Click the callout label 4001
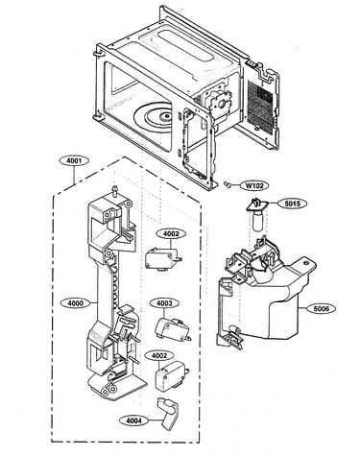pos(74,161)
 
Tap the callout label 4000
pos(75,302)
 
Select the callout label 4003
pos(164,302)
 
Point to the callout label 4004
pos(133,420)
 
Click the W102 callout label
pos(254,185)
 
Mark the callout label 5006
pos(321,308)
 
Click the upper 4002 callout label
pos(171,233)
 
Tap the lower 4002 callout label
pos(159,355)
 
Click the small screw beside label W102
pos(228,184)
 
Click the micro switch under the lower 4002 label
pos(172,375)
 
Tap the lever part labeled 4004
pos(169,413)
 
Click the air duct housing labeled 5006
pos(266,295)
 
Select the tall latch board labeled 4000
pos(112,298)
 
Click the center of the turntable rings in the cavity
pos(166,116)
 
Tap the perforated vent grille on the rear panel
pos(260,106)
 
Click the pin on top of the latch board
pos(115,190)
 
